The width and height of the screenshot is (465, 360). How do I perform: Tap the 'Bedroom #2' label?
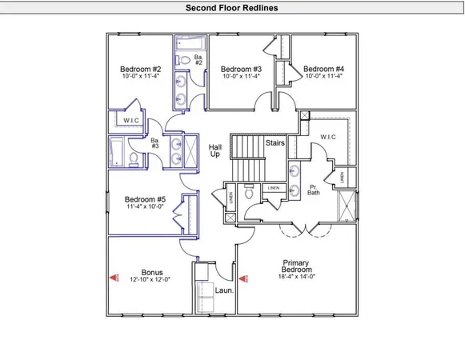click(x=141, y=69)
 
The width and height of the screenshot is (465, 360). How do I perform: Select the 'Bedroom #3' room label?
click(x=241, y=69)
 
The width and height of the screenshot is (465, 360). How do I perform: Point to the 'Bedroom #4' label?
click(x=324, y=69)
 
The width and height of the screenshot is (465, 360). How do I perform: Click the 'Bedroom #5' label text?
click(x=145, y=200)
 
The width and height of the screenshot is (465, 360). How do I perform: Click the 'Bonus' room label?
click(x=152, y=272)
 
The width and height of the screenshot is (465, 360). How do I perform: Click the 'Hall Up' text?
click(x=214, y=150)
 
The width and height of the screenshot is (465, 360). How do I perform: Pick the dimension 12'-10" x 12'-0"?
click(x=152, y=280)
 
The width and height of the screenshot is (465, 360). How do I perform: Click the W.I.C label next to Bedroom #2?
click(x=131, y=122)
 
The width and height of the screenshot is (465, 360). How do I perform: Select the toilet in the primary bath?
click(x=250, y=193)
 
